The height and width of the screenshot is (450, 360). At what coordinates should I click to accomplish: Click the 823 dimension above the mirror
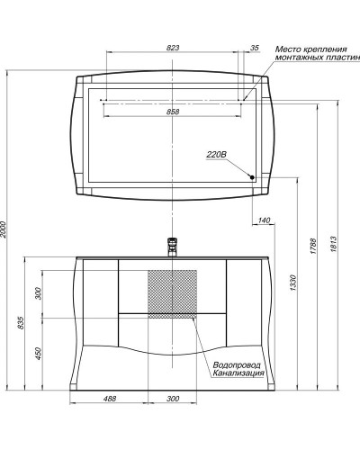click(173, 48)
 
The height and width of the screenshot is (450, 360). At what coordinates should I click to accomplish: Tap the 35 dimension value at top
click(255, 48)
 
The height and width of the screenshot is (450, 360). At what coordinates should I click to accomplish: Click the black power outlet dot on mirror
click(253, 177)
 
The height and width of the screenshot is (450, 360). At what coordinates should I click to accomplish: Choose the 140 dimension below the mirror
click(264, 220)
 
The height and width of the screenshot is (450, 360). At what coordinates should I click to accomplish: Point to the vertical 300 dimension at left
click(38, 294)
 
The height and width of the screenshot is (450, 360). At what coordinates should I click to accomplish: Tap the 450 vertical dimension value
click(38, 353)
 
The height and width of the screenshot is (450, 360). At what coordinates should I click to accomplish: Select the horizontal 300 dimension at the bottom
click(173, 400)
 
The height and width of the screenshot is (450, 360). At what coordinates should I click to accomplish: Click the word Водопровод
click(237, 364)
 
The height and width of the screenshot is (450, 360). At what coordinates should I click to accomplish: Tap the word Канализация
click(238, 373)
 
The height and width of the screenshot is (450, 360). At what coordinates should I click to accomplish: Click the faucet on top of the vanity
click(172, 246)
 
